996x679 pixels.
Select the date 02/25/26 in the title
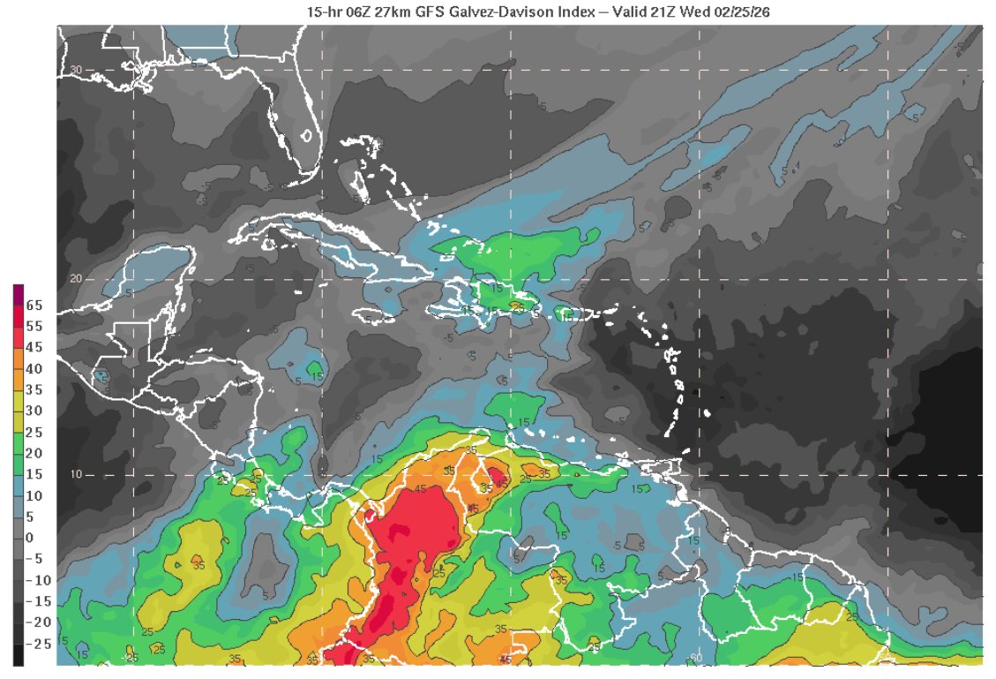pyautogui.click(x=743, y=10)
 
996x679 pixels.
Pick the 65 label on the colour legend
pyautogui.click(x=34, y=306)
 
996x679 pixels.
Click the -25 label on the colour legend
pyautogui.click(x=36, y=644)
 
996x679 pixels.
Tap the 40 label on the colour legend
pyautogui.click(x=34, y=368)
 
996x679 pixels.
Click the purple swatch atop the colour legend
pyautogui.click(x=18, y=291)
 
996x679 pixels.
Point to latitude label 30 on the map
pyautogui.click(x=76, y=70)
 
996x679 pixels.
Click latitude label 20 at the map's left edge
pyautogui.click(x=76, y=279)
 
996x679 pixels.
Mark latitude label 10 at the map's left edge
pyautogui.click(x=76, y=475)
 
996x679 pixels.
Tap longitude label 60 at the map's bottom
pyautogui.click(x=695, y=657)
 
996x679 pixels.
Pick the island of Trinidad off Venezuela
pyautogui.click(x=679, y=466)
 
